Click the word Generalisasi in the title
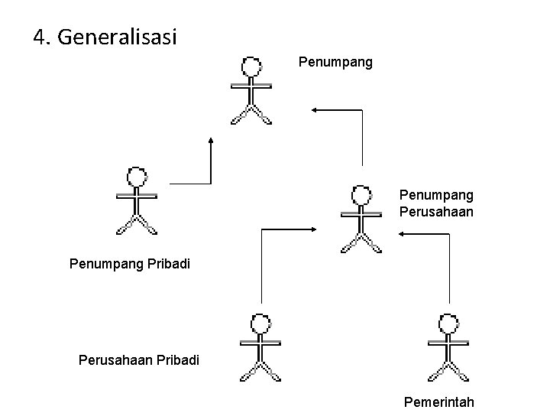point(116,37)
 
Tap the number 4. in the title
point(43,36)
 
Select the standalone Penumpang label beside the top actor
point(335,61)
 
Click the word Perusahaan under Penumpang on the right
point(436,211)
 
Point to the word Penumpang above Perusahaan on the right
point(436,195)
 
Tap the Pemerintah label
point(439,402)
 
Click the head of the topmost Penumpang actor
point(251,67)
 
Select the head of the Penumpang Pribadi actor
point(137,177)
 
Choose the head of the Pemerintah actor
point(448,324)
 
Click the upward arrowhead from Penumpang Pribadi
point(211,140)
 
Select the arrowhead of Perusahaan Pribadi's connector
point(314,228)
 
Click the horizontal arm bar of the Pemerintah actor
point(448,342)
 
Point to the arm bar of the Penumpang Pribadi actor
point(137,196)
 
